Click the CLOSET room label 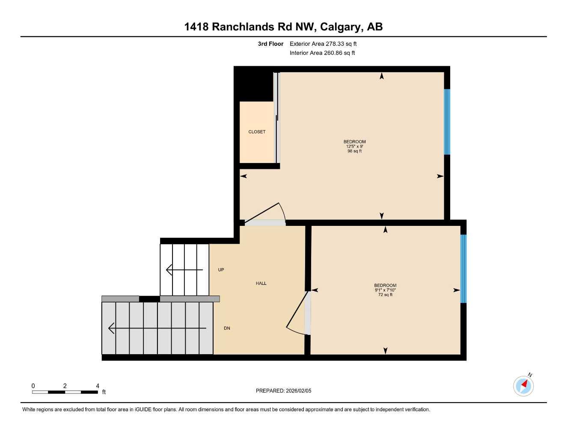[x=257, y=132]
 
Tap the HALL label [x=261, y=283]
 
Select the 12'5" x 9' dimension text [x=354, y=146]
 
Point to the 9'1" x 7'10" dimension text [x=385, y=290]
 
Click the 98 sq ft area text [x=354, y=151]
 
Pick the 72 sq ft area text [x=385, y=295]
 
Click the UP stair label [x=221, y=270]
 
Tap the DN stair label [x=227, y=328]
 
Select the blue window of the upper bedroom [x=447, y=121]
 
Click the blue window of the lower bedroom [x=463, y=269]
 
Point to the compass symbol [x=523, y=386]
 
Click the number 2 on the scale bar [x=65, y=386]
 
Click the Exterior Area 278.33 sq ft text [x=323, y=44]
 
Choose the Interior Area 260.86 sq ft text [x=322, y=53]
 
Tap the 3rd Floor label [x=270, y=44]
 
